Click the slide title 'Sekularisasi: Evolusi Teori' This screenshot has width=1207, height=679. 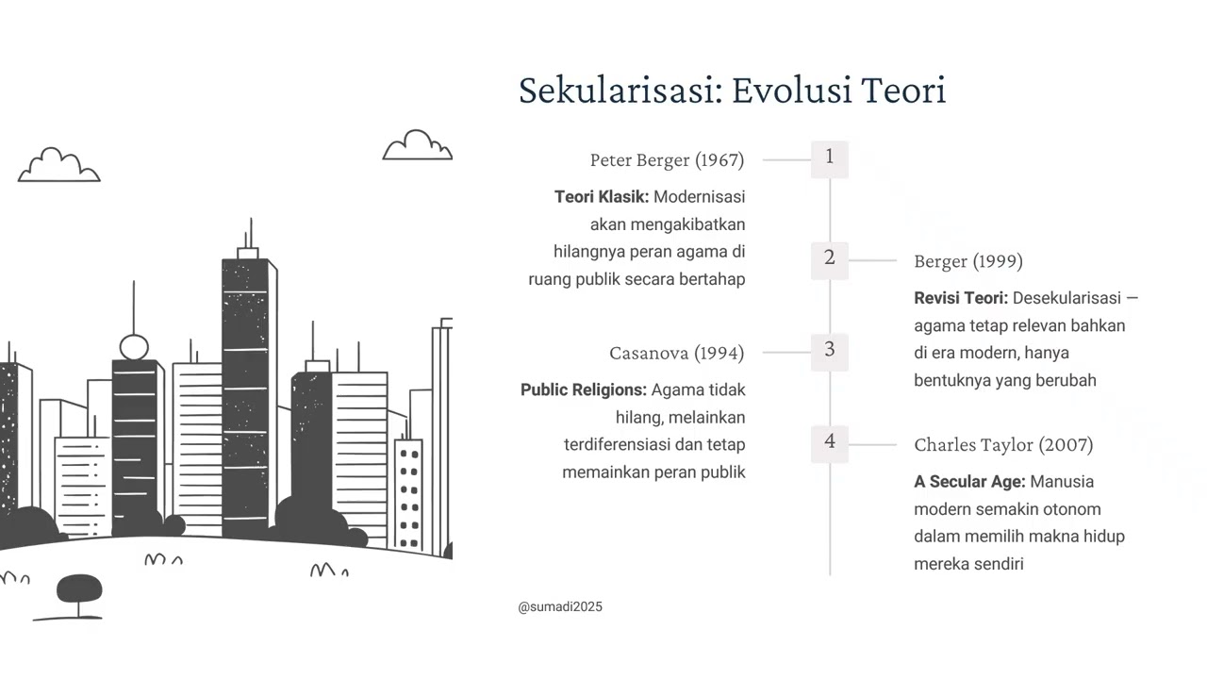(x=732, y=91)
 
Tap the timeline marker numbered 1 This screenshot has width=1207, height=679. (x=830, y=157)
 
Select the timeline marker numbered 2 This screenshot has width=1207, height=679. (x=830, y=258)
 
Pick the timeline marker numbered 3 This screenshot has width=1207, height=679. (x=830, y=350)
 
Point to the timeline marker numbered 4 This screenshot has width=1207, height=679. (x=830, y=442)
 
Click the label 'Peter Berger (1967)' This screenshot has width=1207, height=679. (x=667, y=160)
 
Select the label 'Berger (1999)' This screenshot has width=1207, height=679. (x=967, y=261)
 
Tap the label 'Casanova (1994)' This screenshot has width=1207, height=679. (x=676, y=354)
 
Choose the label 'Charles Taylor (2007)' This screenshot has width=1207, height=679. (x=1003, y=445)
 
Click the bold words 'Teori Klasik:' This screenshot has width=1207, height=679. (x=602, y=197)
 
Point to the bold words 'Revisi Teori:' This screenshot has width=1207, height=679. (x=961, y=298)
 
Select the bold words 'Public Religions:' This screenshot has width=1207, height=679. (x=584, y=389)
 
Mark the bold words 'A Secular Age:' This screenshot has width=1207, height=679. (x=969, y=482)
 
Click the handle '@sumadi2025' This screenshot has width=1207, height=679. (x=560, y=607)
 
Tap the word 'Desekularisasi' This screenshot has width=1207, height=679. (x=1066, y=298)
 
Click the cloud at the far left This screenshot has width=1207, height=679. (x=58, y=166)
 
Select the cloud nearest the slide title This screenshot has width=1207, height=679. (x=417, y=146)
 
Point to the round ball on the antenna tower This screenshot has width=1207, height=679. (x=134, y=346)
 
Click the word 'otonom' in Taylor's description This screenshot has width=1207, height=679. (x=1073, y=509)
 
